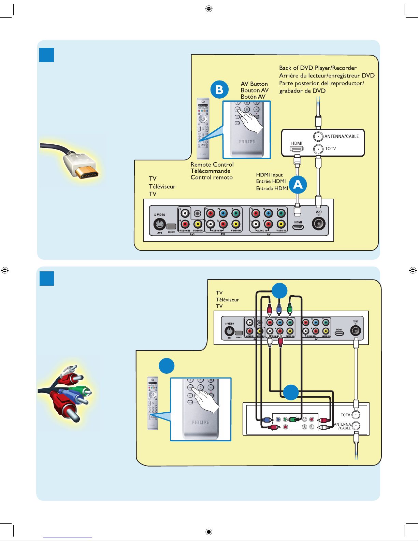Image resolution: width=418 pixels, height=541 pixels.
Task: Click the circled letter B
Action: pyautogui.click(x=219, y=89)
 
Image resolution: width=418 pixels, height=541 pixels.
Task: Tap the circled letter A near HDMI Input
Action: pyautogui.click(x=298, y=185)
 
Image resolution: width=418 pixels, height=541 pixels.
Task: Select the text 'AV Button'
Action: pyautogui.click(x=254, y=84)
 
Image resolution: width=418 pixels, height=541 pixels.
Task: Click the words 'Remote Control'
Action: pyautogui.click(x=212, y=165)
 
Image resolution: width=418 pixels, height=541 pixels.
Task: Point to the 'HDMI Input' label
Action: pyautogui.click(x=269, y=175)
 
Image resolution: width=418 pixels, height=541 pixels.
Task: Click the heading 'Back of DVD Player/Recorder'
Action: pyautogui.click(x=318, y=68)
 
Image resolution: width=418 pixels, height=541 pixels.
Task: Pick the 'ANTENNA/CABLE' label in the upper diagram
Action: pyautogui.click(x=341, y=137)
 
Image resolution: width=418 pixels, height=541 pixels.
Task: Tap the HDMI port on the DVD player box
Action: pyautogui.click(x=297, y=149)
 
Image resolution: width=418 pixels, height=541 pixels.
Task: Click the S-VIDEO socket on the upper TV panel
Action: pyautogui.click(x=159, y=225)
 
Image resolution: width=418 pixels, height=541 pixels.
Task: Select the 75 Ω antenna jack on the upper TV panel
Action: pyautogui.click(x=318, y=224)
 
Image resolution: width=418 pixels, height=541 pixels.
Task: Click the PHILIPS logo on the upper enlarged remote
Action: pyautogui.click(x=246, y=142)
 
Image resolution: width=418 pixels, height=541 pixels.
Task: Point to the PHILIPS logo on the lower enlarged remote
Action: pyautogui.click(x=200, y=422)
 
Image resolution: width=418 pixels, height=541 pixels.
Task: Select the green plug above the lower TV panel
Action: pyautogui.click(x=290, y=309)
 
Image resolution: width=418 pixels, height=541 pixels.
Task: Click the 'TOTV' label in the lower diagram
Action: pyautogui.click(x=345, y=415)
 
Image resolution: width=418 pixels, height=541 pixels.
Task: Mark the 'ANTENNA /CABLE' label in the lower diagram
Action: pyautogui.click(x=342, y=426)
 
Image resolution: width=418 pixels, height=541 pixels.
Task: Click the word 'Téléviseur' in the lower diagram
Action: pyautogui.click(x=227, y=300)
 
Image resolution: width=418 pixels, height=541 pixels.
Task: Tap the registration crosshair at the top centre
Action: pyautogui.click(x=209, y=9)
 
